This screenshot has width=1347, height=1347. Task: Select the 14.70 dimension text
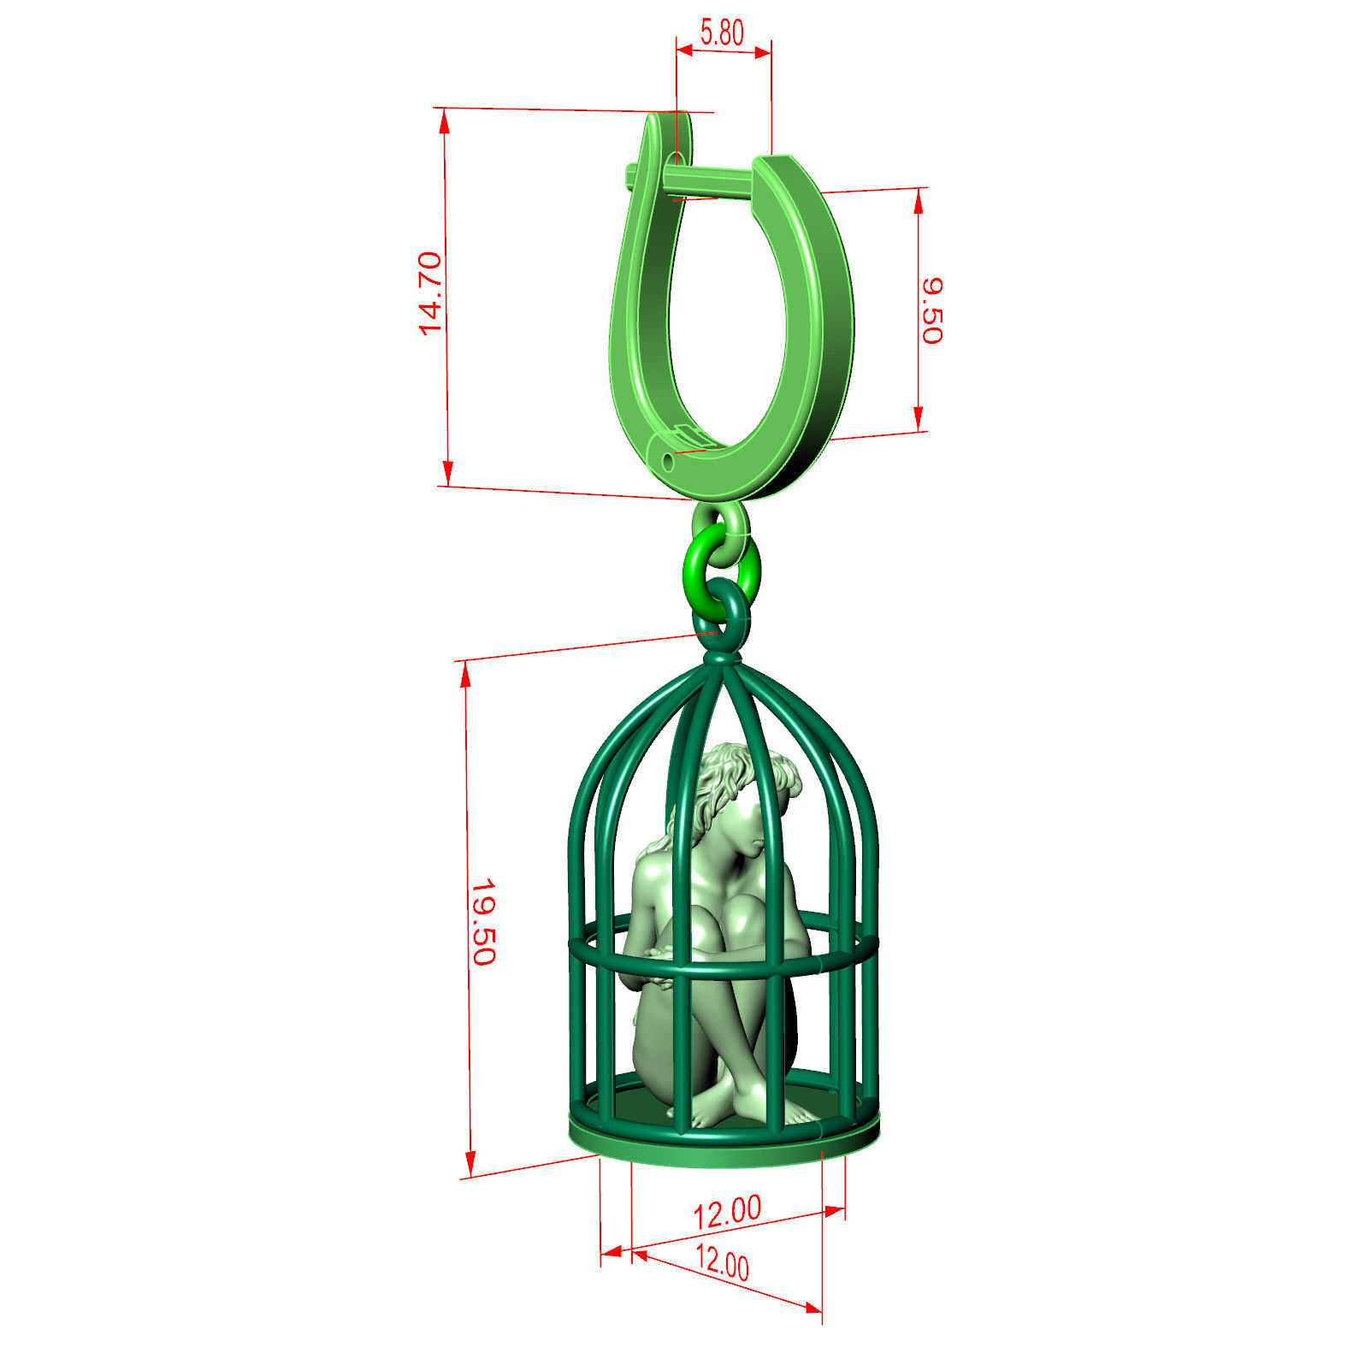point(430,293)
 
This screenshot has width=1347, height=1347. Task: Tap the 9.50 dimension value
point(931,310)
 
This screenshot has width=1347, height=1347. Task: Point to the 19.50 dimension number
point(483,921)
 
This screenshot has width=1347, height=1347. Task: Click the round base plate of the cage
point(724,1150)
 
